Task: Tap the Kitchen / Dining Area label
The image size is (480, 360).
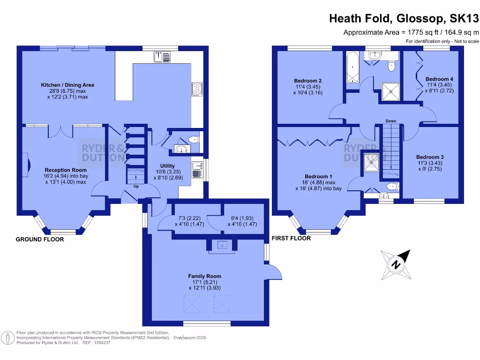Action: [x=67, y=85]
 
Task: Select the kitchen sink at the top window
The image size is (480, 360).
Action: [x=162, y=57]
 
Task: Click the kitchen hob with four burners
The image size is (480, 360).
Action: [x=196, y=89]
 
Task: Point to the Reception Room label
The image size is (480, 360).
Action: [x=66, y=170]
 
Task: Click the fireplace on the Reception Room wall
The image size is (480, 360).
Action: [x=27, y=164]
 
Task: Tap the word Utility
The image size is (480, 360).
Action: [x=167, y=166]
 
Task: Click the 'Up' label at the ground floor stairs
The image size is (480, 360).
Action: [x=136, y=186]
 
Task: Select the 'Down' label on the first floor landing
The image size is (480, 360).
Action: [x=390, y=121]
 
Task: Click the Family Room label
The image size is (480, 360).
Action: [x=204, y=276]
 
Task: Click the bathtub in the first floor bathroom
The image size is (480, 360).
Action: [x=351, y=67]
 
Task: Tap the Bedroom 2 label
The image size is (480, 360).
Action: [x=308, y=81]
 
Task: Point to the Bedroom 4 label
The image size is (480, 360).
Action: [x=439, y=79]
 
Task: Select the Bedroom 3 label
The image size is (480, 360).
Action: [x=430, y=157]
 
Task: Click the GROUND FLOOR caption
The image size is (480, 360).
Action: [x=40, y=240]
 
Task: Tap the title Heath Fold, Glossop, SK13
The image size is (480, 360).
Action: [x=404, y=18]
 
